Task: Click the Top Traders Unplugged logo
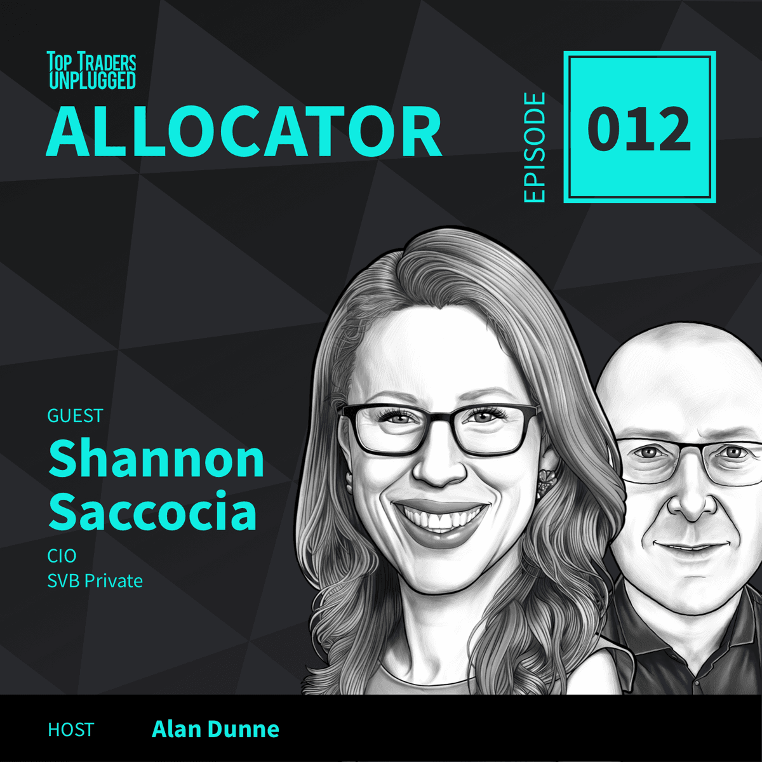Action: click(x=92, y=70)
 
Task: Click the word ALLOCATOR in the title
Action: click(x=244, y=132)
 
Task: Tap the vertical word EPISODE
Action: click(x=535, y=147)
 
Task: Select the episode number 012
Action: click(x=639, y=129)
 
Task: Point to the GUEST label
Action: click(x=75, y=416)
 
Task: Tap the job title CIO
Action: click(x=62, y=556)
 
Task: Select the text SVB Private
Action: click(x=95, y=580)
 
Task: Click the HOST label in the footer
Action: click(x=70, y=730)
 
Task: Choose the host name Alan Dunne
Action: click(x=215, y=729)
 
